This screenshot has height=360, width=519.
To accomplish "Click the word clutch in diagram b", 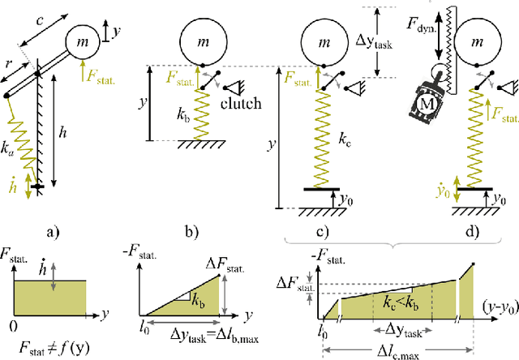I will pos(240,103).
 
